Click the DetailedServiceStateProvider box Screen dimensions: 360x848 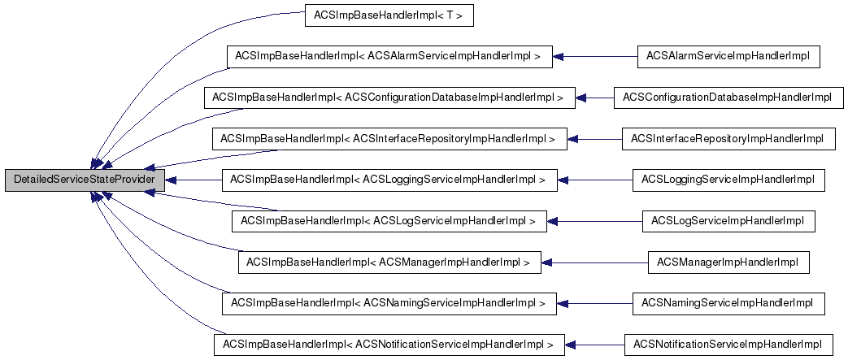pos(84,179)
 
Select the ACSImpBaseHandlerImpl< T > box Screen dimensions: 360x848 pos(389,15)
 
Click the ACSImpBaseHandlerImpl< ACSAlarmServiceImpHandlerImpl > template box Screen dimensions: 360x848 pos(389,56)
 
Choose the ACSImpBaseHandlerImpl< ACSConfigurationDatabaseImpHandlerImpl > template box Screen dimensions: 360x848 pos(389,98)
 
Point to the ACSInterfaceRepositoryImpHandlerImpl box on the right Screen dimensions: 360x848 pos(728,139)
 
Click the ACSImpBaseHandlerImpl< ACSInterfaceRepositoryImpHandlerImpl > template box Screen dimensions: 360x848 pos(389,139)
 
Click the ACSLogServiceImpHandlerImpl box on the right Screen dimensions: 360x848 pos(728,221)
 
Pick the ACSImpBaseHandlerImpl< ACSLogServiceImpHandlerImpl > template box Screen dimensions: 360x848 pos(389,221)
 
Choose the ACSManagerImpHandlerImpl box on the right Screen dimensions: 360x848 pos(728,262)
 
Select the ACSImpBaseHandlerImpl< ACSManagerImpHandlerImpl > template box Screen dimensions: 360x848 pos(389,262)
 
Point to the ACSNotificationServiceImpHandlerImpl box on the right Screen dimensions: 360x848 pos(728,345)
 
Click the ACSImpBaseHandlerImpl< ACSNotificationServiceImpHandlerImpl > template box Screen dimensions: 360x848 pos(389,345)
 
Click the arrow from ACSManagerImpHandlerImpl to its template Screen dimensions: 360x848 pos(594,262)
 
